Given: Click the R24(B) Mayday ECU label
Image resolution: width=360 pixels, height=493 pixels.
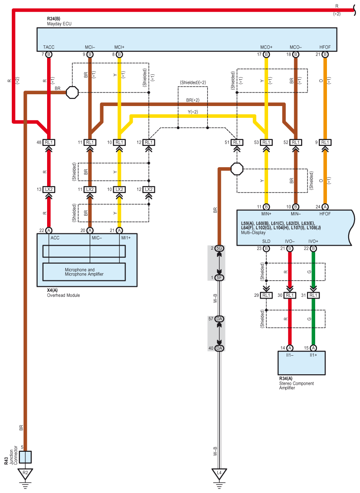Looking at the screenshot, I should [59, 21].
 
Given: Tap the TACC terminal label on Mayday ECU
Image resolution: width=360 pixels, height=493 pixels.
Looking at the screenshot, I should [49, 47].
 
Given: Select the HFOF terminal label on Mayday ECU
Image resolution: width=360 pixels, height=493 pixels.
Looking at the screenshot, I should [325, 47].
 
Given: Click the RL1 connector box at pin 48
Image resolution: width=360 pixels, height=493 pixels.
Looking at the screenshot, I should [49, 142].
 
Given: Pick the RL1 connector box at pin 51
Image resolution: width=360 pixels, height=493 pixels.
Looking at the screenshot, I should [236, 142].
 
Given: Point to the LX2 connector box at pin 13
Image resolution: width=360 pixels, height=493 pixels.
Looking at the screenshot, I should [49, 189].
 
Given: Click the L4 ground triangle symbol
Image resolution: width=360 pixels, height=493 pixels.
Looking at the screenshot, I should [219, 474].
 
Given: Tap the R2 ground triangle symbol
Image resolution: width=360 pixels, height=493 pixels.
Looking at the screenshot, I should [25, 474].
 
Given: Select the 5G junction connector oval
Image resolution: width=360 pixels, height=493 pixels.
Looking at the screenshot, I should [219, 248].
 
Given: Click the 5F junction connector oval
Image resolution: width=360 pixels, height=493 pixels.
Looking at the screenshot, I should [219, 277].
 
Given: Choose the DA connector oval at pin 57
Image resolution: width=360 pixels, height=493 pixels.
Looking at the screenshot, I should [219, 319].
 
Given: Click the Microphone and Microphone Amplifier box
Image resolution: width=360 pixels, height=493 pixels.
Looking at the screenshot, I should [84, 271].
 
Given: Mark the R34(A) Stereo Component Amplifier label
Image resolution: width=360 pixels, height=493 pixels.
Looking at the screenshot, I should [296, 383].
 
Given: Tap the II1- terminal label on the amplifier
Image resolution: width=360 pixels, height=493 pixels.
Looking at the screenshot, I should [290, 356].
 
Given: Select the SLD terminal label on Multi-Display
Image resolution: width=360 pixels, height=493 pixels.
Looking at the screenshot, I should [266, 242].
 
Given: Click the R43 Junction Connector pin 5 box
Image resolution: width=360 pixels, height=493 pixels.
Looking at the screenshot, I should [25, 457].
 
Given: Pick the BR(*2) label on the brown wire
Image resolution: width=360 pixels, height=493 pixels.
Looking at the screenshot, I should [192, 100].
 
